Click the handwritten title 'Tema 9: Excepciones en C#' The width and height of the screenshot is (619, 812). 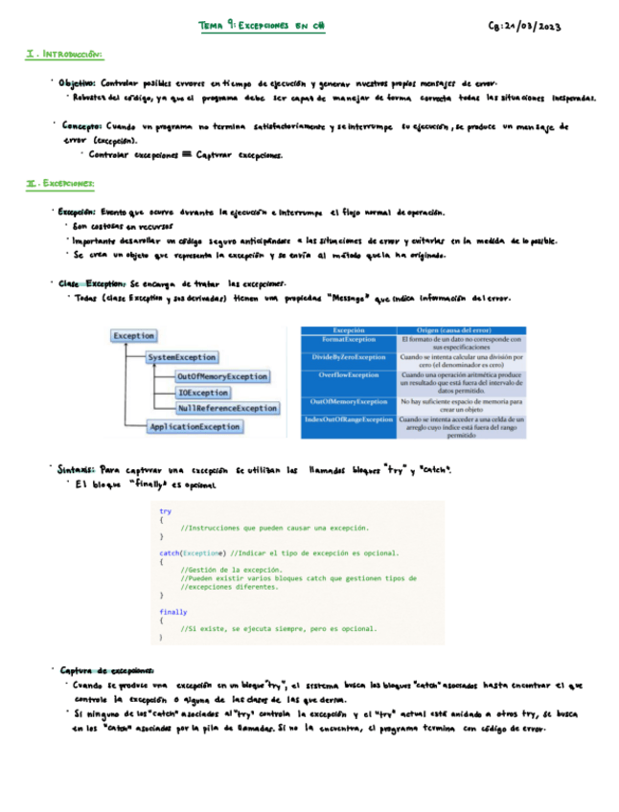pos(261,28)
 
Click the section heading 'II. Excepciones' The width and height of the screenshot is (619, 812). pos(59,183)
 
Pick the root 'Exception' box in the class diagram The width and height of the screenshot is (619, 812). pos(133,336)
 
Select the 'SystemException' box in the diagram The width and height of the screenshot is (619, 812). pos(182,357)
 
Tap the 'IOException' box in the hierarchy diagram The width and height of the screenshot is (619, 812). pos(203,393)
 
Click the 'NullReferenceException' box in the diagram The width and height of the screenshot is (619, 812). pos(227,408)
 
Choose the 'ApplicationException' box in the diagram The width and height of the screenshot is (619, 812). pos(195,427)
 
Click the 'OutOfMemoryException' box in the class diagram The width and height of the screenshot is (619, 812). pos(222,376)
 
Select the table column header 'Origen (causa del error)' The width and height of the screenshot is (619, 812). pos(461,329)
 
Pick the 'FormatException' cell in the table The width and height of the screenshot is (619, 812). pos(349,339)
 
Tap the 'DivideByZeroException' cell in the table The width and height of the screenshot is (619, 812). pos(349,356)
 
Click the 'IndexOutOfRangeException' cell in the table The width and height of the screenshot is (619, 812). pos(349,419)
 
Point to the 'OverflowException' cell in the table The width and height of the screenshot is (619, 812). pos(349,374)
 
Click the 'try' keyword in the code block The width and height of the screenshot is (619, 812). pos(166,512)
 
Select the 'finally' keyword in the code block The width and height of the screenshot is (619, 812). pos(173,611)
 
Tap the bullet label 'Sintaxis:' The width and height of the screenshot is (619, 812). pos(76,470)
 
